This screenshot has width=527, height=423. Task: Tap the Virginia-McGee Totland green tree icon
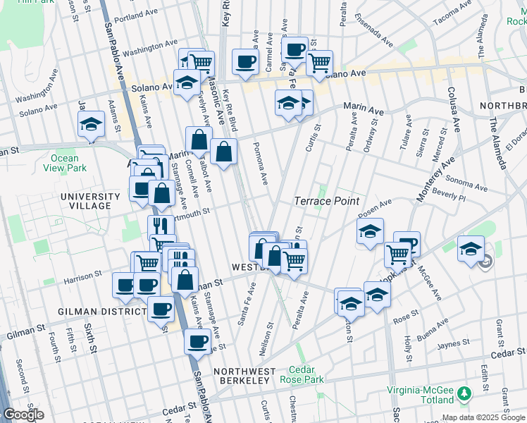464,392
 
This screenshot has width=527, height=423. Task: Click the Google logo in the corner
23,415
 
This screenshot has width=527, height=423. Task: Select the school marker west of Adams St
90,125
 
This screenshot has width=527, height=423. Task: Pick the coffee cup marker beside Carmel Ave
245,61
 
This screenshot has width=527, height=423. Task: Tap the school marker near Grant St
471,249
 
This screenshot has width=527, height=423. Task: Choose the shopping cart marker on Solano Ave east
320,63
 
